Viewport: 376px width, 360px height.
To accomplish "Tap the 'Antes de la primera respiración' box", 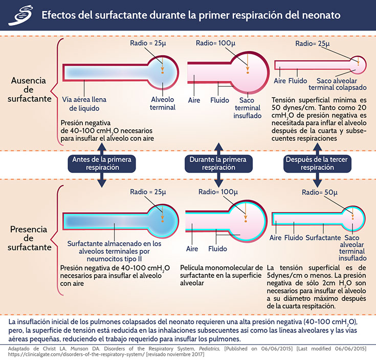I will [102, 163].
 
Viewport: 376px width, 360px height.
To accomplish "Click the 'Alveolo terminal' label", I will [163, 103].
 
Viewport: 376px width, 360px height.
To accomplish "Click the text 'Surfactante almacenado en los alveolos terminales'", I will [114, 248].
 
